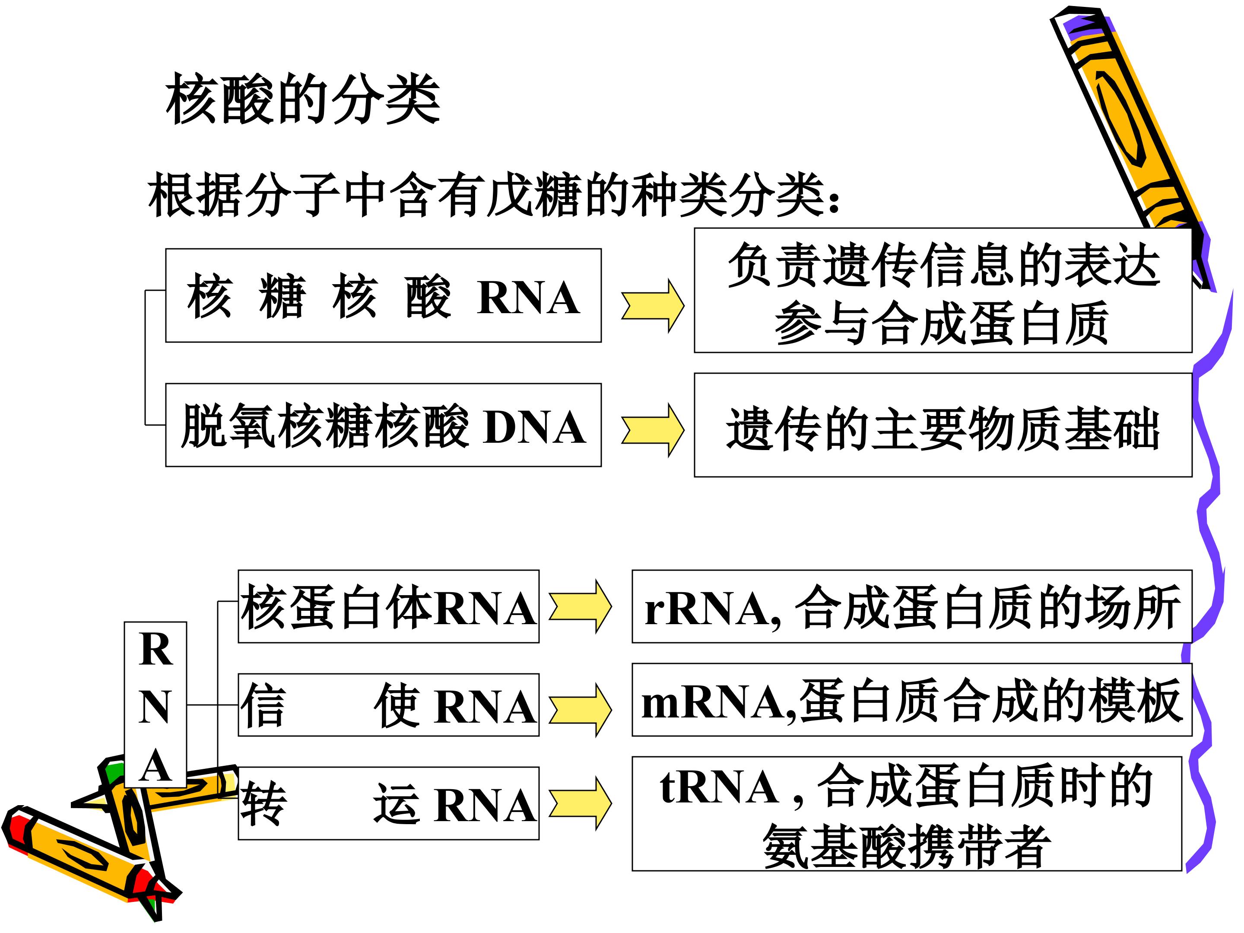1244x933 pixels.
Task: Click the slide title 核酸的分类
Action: pos(302,99)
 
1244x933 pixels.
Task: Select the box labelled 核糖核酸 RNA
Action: pos(383,296)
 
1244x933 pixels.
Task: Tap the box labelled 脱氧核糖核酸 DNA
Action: pos(383,425)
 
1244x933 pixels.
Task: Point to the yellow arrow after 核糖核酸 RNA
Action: pos(652,305)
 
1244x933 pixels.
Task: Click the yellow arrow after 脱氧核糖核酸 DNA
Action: pos(652,430)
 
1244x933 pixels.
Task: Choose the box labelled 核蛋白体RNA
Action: pos(388,607)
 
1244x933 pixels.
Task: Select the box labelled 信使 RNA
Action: pos(388,705)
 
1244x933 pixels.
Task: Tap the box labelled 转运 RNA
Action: pos(388,803)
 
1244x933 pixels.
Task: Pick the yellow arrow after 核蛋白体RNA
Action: pos(580,607)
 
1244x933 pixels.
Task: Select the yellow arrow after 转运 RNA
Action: pos(580,803)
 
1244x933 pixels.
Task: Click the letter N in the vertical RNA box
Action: pos(155,707)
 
